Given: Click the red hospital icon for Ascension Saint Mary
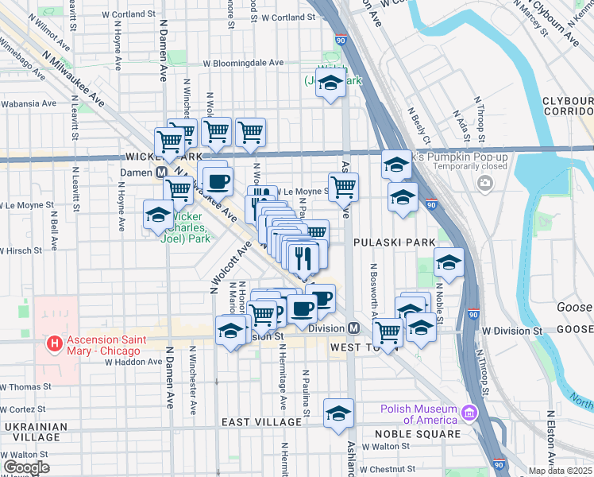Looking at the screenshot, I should point(54,343).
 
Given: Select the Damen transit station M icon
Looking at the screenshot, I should point(160,172).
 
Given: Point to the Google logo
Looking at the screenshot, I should point(26,467).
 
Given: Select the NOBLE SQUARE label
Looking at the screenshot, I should point(422,434).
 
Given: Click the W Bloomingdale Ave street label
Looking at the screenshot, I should point(243,62).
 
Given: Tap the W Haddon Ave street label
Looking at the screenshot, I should point(133,362).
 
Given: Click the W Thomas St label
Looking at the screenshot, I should point(25,386).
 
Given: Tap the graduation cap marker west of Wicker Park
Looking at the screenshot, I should point(157,215).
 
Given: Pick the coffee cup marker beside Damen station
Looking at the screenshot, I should point(218,180).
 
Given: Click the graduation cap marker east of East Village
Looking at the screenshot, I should point(338,413).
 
